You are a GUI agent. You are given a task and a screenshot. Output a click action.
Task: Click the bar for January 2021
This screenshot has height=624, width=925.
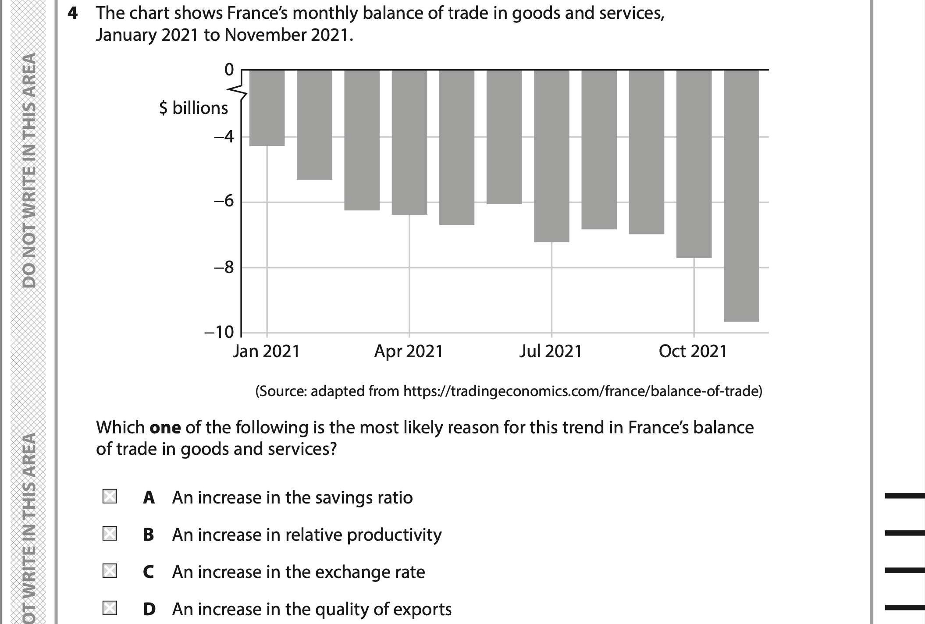(267, 108)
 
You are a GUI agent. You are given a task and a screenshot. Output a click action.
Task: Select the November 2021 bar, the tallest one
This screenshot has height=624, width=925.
(741, 195)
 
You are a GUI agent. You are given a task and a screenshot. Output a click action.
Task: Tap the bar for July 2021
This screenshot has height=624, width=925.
(551, 156)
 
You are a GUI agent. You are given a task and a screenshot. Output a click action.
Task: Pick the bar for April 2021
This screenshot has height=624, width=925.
(409, 142)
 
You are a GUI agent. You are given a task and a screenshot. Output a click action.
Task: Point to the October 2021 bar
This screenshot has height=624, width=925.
(694, 163)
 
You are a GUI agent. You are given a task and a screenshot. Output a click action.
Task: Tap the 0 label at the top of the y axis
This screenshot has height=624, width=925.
(229, 70)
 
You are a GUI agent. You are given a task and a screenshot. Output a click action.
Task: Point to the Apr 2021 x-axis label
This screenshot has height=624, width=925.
(409, 351)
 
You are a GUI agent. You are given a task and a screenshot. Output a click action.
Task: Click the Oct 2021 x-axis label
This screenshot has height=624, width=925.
(693, 351)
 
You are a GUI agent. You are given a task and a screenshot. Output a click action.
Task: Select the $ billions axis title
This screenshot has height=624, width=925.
(193, 108)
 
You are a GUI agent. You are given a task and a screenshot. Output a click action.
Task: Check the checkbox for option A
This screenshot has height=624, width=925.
(110, 496)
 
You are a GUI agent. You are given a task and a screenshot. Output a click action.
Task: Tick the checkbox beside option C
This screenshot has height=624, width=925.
(110, 571)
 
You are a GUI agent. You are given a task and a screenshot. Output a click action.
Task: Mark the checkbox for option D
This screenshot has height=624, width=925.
(110, 608)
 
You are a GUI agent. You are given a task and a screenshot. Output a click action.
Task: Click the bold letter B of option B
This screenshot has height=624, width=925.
(149, 535)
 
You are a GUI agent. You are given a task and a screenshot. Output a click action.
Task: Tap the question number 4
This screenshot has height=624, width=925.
(73, 14)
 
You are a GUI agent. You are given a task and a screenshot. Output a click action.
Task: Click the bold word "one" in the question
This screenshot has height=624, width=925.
(165, 427)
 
